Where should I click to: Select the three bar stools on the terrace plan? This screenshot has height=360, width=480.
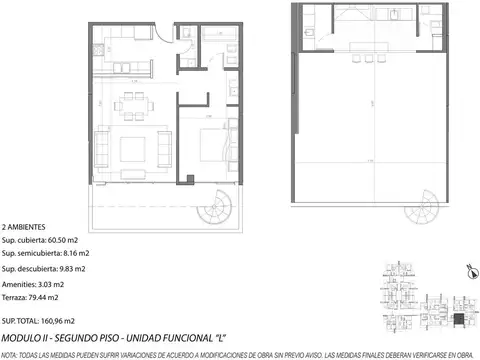click(x=372, y=55)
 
